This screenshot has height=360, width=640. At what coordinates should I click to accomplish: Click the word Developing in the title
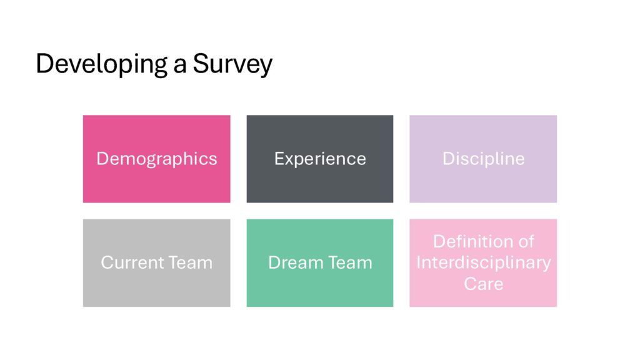102,64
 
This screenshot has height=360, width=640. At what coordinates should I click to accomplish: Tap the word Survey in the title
232,64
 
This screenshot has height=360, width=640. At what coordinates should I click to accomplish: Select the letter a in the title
179,66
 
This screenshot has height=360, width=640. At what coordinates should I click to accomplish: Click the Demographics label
157,159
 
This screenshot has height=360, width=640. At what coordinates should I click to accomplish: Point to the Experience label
320,159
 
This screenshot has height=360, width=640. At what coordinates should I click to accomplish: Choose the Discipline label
483,159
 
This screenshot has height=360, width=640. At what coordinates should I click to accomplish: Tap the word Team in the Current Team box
191,262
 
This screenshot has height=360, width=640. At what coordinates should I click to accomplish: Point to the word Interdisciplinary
484,263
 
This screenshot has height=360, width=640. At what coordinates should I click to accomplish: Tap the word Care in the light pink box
483,284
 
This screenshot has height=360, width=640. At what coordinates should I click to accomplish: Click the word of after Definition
526,242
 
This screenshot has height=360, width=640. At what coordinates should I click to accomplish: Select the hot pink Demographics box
157,159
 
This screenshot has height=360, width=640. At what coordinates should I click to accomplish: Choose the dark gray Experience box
320,159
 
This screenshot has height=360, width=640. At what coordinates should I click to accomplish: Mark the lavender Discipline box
483,159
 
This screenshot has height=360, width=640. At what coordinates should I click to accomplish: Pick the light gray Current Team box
157,263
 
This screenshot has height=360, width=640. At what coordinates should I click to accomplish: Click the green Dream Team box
320,263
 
